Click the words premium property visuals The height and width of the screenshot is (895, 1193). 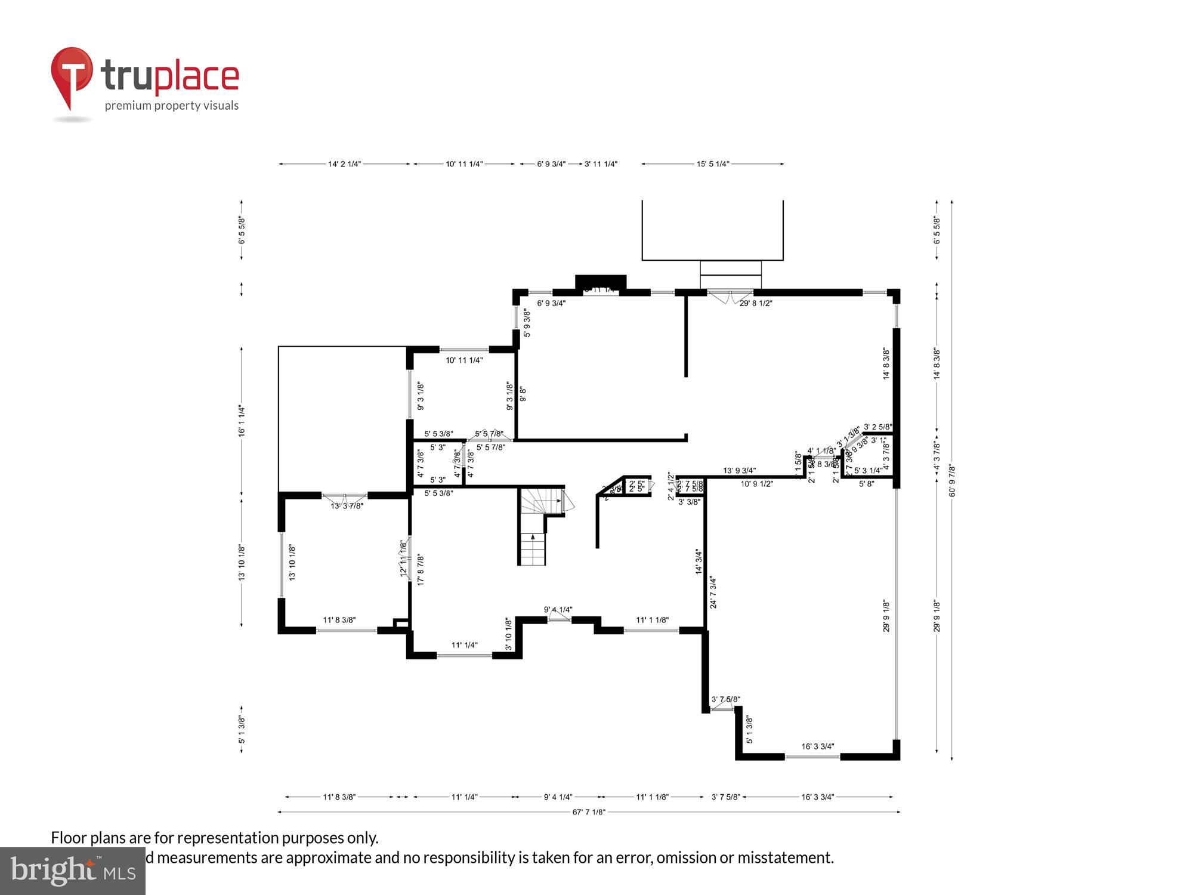point(172,106)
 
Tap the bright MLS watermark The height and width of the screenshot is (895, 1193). point(73,871)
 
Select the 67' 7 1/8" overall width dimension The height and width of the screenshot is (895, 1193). point(589,812)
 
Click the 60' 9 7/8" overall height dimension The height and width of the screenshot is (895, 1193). point(952,480)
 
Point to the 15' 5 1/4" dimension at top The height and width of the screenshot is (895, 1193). point(713,164)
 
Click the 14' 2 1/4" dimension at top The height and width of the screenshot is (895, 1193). point(344,164)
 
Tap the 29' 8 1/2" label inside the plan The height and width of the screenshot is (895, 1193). point(756,303)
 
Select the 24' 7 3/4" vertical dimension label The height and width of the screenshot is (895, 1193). point(713,592)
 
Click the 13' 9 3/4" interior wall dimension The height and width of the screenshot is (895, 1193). point(740,471)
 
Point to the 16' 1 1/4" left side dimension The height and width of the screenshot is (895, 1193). point(242,421)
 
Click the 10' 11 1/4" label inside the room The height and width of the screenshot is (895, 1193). point(464,360)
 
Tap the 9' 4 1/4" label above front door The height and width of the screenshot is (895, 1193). point(558,610)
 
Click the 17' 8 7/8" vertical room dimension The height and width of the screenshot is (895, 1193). point(421,569)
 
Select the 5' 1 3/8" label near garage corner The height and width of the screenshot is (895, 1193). point(750,730)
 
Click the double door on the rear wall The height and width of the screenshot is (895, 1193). point(730,297)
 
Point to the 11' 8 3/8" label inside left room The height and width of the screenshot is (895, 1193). point(339,621)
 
